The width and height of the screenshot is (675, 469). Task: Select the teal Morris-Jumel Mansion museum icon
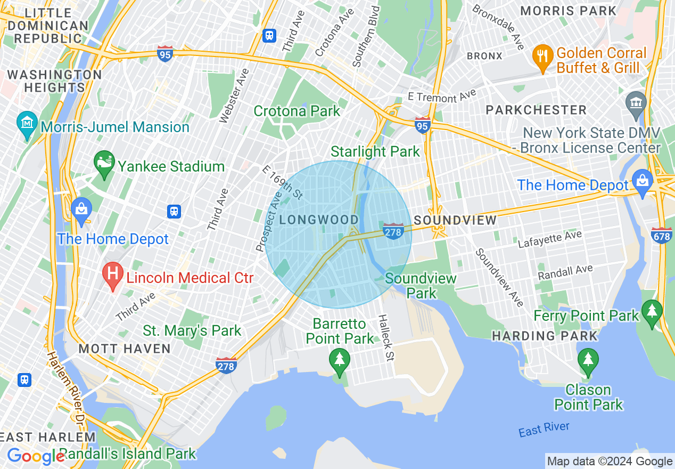(x=27, y=126)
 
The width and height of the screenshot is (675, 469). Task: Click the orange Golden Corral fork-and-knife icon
(x=542, y=59)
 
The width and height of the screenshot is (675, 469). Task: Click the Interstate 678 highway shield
(x=661, y=234)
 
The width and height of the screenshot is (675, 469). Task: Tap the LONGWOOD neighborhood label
(x=319, y=220)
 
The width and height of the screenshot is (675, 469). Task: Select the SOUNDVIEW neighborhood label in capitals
(x=455, y=220)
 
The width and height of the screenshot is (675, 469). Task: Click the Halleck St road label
(x=385, y=337)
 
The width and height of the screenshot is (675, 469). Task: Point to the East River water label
(x=544, y=429)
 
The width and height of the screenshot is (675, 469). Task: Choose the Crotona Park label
(x=297, y=111)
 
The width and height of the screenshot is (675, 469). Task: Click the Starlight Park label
(x=375, y=151)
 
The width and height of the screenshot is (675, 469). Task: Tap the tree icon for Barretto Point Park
(x=340, y=362)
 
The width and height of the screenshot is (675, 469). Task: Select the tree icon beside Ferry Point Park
(x=652, y=314)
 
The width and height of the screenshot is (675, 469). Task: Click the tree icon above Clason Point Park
(x=588, y=362)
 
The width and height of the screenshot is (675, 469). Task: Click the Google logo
(x=35, y=456)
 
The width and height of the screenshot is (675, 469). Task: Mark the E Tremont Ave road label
(x=442, y=96)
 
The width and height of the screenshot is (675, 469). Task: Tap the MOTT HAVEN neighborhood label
(x=125, y=349)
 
